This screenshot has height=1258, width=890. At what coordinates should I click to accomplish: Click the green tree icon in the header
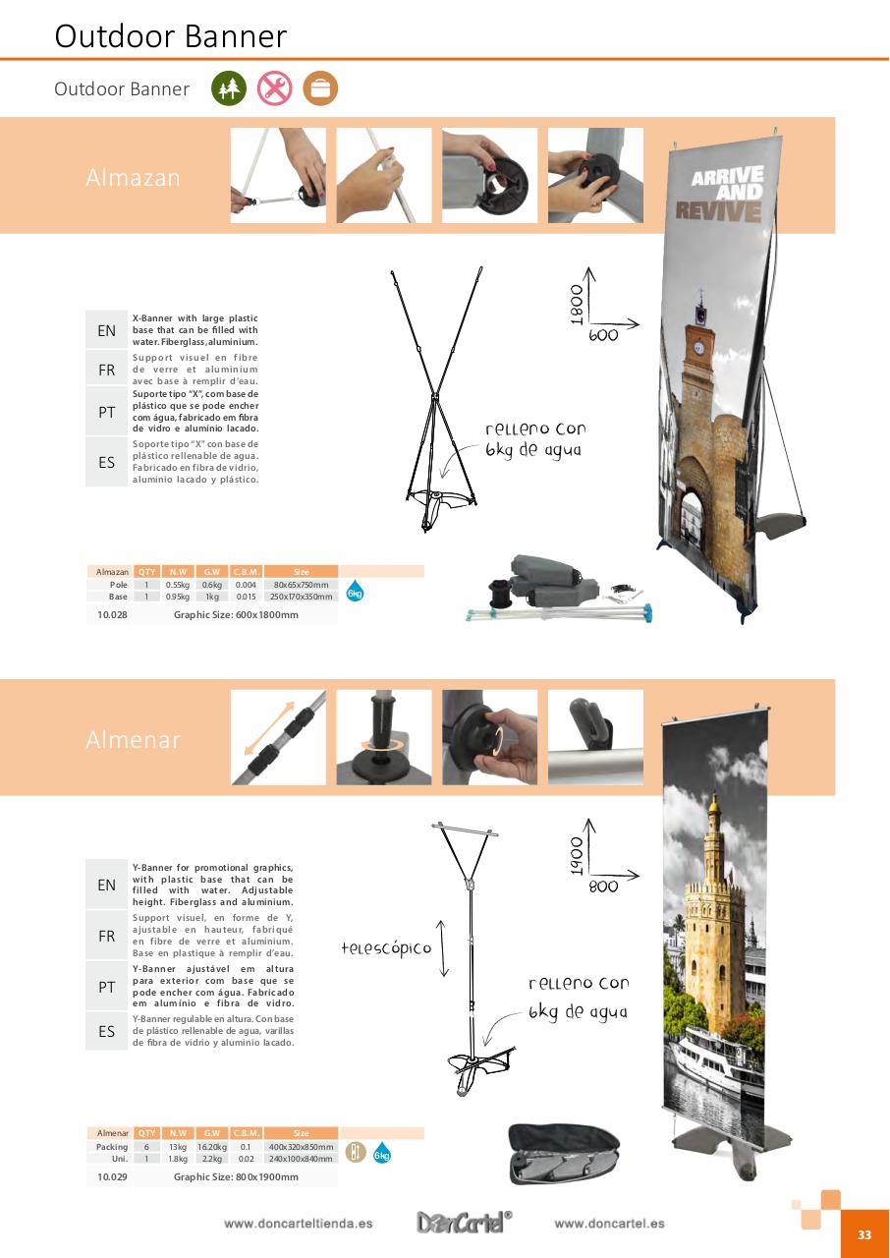pos(229,88)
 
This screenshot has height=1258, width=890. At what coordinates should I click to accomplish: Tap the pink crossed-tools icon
pos(275,88)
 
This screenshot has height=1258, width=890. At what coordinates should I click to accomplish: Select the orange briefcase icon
pos(320,88)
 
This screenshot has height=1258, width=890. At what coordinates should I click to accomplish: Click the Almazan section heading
pos(133,178)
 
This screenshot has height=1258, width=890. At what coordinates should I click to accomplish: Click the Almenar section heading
pos(133,740)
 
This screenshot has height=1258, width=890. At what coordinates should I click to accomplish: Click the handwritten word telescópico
pos(386,948)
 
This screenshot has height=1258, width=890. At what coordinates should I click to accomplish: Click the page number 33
pos(864,1235)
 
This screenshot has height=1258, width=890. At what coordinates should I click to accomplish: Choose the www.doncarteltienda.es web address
pos(298,1224)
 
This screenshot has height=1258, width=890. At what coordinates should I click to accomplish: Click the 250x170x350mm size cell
pos(301,597)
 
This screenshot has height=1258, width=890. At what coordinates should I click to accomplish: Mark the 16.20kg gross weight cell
pos(210,1147)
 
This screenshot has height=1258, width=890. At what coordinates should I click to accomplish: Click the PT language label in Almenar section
pos(106,987)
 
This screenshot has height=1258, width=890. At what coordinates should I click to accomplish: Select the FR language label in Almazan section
pos(106,371)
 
